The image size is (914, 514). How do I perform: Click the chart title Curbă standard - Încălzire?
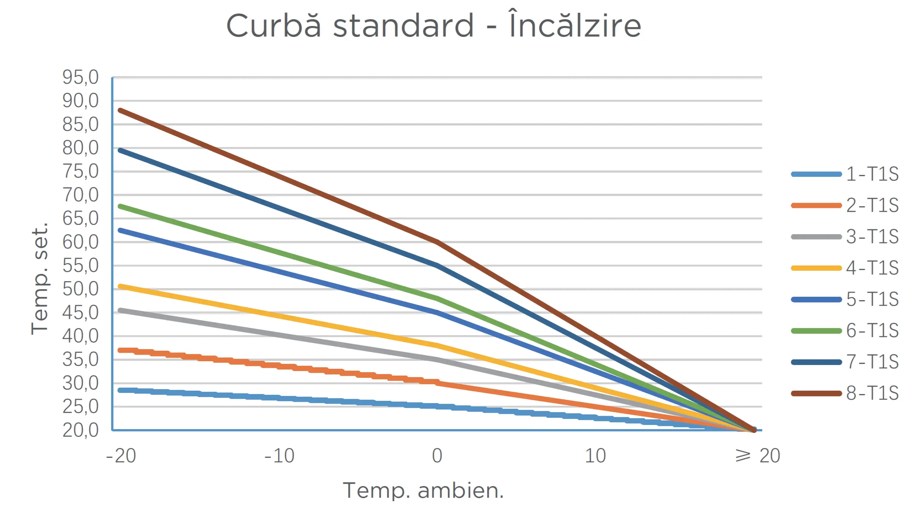tap(433, 26)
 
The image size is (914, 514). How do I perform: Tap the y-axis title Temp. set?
tap(40, 278)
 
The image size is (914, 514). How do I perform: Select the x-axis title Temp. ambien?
tap(423, 490)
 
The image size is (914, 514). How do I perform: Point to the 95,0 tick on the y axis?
tap(80, 77)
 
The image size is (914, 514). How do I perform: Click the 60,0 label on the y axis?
tap(80, 242)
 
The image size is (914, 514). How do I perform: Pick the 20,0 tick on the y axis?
tap(80, 430)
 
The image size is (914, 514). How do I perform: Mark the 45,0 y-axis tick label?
tap(80, 313)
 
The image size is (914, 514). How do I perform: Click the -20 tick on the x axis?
tap(121, 456)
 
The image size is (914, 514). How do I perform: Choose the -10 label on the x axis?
tap(280, 456)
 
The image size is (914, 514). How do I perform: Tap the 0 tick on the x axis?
tap(437, 456)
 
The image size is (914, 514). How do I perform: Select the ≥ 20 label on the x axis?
tap(758, 456)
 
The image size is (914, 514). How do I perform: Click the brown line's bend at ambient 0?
tap(437, 242)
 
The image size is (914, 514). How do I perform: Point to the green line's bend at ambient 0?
tap(437, 299)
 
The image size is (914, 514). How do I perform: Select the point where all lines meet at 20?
tap(754, 430)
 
